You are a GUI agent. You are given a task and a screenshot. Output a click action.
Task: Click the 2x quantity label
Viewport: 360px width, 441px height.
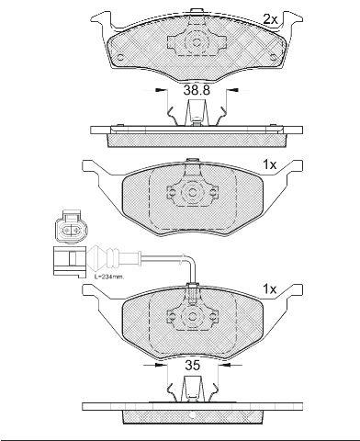(270, 19)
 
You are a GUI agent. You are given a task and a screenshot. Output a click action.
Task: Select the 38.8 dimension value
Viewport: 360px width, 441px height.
(197, 90)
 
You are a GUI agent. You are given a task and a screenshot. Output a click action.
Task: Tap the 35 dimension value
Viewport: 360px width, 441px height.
(193, 365)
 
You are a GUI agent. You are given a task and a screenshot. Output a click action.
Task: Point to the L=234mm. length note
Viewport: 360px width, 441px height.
(108, 277)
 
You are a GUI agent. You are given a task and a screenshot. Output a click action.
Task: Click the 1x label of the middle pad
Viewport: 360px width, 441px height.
(270, 165)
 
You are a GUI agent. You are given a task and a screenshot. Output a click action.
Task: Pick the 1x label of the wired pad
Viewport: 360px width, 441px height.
(270, 288)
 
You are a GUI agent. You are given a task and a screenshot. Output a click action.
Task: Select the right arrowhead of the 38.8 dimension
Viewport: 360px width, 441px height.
(234, 90)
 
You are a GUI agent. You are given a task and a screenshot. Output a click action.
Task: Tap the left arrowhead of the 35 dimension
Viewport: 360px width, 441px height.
(160, 365)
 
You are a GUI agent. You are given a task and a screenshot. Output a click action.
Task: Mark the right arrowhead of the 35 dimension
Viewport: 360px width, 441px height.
(226, 365)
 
